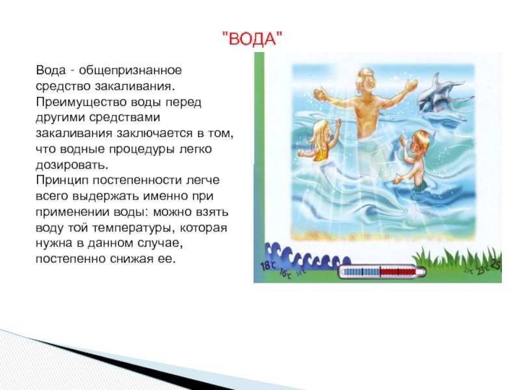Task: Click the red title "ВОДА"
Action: pyautogui.click(x=252, y=38)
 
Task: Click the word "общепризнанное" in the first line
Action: pyautogui.click(x=131, y=71)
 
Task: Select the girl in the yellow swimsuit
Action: pyautogui.click(x=319, y=141)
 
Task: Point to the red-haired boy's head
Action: pyautogui.click(x=419, y=140)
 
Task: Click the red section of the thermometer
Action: pyautogui.click(x=398, y=272)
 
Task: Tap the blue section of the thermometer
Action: pyautogui.click(x=361, y=272)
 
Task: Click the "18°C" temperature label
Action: pyautogui.click(x=268, y=265)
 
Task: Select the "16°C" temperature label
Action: pyautogui.click(x=285, y=274)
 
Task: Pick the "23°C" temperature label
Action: pyautogui.click(x=482, y=270)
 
